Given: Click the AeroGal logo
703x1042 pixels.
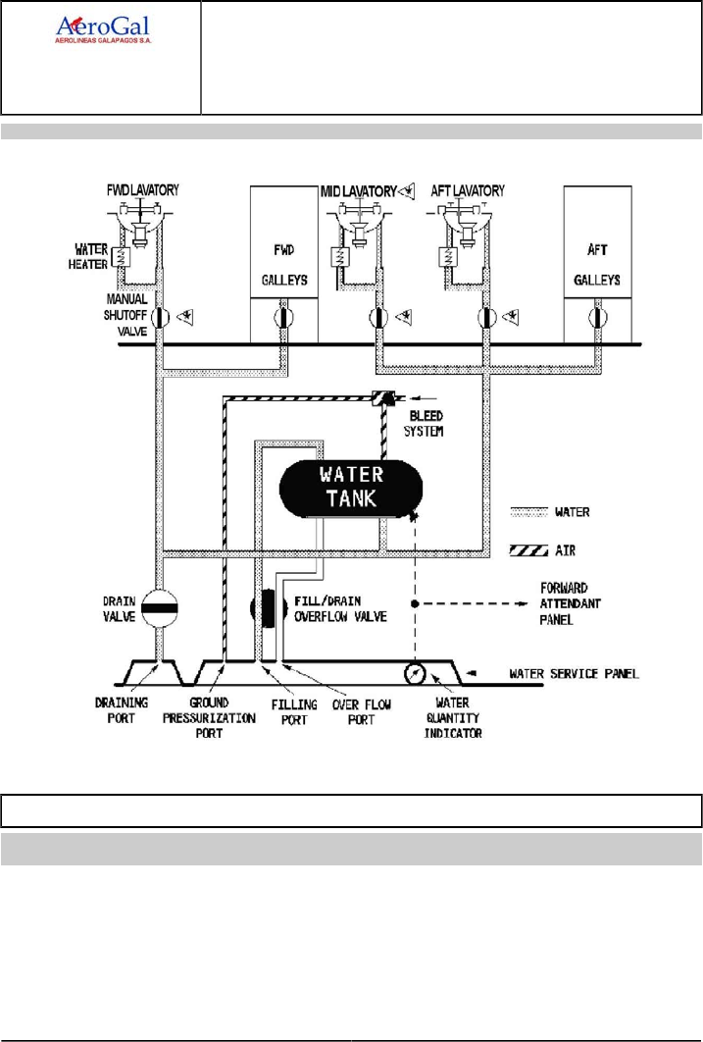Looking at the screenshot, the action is point(103,30).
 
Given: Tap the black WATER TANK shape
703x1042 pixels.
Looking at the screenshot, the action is point(350,487).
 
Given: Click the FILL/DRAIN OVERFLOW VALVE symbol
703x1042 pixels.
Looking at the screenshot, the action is point(269,608).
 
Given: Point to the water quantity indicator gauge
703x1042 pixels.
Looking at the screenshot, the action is point(416,674).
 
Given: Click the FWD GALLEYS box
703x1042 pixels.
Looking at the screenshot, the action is point(284,265).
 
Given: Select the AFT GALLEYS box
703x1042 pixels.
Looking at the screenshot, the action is point(597,265).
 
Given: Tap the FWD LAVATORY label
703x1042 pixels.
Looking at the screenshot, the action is point(143,190).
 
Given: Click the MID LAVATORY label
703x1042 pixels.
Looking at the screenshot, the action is point(359,191).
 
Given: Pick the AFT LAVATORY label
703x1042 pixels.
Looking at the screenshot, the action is point(468,190).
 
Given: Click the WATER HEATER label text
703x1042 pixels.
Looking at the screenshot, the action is point(89,256).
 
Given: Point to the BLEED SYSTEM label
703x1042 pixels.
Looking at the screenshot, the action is point(425,423).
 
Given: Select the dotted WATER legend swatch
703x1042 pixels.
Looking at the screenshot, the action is point(529,512).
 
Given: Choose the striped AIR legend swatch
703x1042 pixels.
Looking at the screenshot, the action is point(529,550).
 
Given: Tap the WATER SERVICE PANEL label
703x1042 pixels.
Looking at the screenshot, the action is point(575,674).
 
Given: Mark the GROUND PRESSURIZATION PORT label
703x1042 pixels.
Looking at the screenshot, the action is point(209,718).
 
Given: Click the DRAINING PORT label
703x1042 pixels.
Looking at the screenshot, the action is point(122,710).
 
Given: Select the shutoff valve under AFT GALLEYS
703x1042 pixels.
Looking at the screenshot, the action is point(598,318).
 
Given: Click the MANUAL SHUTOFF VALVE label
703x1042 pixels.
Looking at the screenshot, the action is point(126,315).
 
